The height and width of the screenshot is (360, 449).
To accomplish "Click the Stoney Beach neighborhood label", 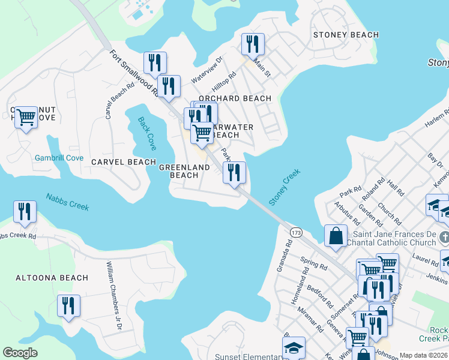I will [346, 35].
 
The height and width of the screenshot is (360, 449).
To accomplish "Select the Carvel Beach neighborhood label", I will [124, 162].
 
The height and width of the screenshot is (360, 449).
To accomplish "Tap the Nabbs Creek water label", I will [67, 202].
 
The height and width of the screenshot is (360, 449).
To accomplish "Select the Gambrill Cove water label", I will [58, 158].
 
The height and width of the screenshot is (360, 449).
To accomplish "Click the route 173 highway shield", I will [295, 232].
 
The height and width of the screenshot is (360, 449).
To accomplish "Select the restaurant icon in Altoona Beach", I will [68, 305].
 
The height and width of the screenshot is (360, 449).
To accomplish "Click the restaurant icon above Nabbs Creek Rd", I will [25, 211].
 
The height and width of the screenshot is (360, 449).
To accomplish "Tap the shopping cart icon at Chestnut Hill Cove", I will [25, 117].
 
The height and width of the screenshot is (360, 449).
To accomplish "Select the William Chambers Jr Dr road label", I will [113, 296].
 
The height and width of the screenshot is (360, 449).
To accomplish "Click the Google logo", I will [20, 353].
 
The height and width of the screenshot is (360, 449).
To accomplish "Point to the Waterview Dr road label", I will [206, 71].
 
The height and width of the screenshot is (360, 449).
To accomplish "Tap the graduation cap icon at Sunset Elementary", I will [294, 347].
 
